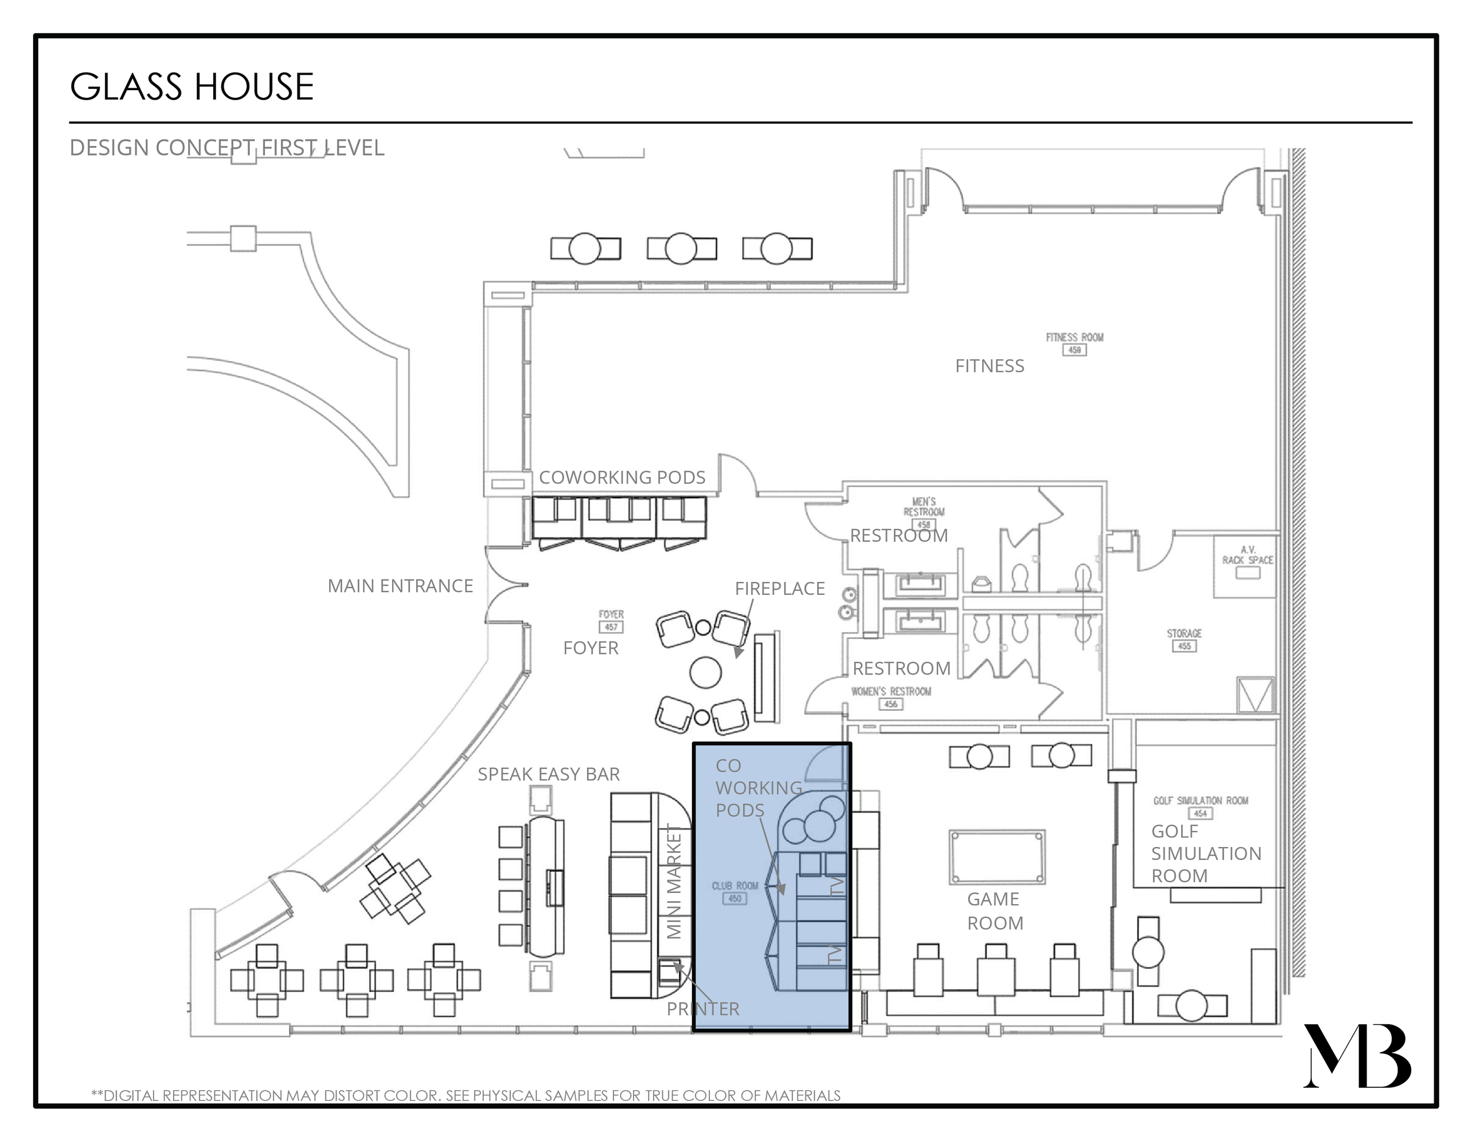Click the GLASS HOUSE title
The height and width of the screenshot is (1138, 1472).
(191, 87)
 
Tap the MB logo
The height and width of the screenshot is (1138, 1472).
(1356, 1057)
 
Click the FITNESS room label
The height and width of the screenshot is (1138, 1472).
(989, 366)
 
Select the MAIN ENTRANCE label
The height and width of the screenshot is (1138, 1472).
(400, 586)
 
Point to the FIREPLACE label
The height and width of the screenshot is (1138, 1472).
(779, 588)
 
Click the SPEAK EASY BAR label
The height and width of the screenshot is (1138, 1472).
(548, 774)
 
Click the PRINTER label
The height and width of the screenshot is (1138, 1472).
(702, 1008)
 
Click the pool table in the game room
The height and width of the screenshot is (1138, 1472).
(997, 857)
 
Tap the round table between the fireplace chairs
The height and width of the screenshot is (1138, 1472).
(705, 672)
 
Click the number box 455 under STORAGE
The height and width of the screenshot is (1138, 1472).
(1184, 646)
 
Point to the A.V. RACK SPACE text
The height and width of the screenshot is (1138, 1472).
(1247, 555)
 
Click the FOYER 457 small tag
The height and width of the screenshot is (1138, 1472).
(611, 621)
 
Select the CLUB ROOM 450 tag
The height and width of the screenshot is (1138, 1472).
(735, 892)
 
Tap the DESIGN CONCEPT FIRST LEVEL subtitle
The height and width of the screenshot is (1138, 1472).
(227, 148)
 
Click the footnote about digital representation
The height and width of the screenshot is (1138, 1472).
(466, 1096)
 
